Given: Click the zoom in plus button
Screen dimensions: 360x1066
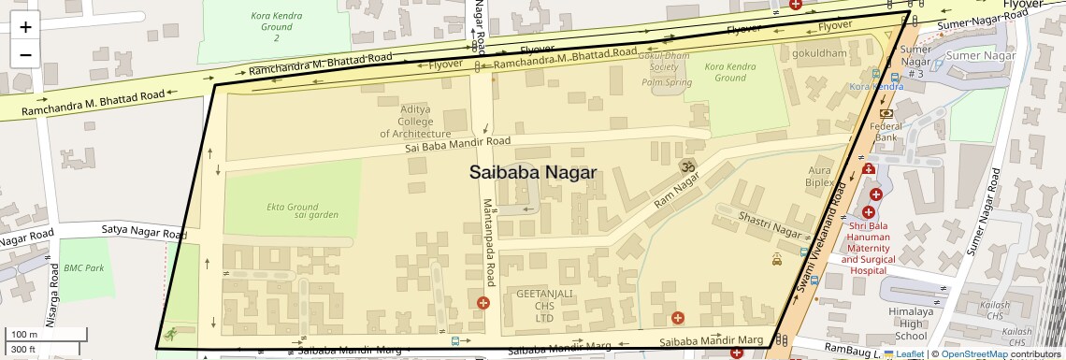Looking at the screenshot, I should point(25,27).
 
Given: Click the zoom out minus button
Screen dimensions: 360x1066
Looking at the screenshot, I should point(25,54).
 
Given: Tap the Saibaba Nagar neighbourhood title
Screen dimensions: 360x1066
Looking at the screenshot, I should point(532,173).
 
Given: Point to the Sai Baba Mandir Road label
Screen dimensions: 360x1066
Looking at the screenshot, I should point(457,145).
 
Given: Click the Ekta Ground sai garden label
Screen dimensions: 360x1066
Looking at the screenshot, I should point(292,210).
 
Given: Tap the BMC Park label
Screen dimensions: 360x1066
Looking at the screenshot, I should point(83,267).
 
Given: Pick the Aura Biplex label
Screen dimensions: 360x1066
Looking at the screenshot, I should point(819,177).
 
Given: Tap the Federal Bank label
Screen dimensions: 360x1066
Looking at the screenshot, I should point(886,132).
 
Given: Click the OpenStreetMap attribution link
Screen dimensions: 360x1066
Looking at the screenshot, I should point(973,353).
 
